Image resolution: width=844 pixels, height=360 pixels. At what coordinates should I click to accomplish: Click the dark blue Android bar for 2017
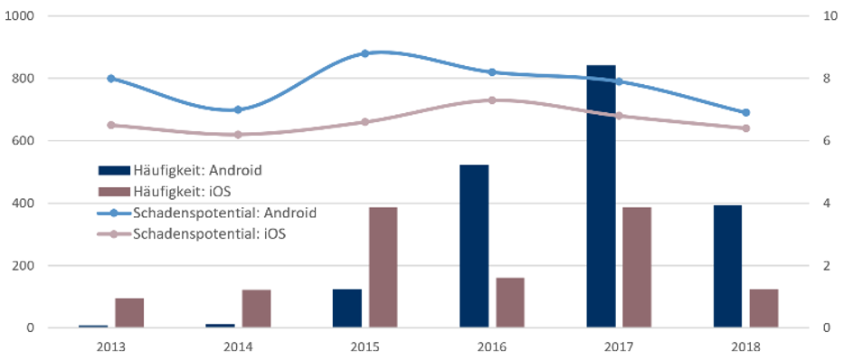point(601,196)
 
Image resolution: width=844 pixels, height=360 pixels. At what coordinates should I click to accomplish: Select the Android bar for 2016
point(474,246)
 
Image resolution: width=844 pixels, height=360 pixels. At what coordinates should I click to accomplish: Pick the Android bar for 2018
point(727,266)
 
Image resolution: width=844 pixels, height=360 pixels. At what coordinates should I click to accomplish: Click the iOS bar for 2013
point(129,313)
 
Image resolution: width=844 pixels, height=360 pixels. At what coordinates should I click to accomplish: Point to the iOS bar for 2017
point(636,268)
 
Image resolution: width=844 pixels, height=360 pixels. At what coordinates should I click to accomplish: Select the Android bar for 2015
point(347,308)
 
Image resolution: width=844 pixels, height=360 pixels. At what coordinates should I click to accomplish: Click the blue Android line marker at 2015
point(365,53)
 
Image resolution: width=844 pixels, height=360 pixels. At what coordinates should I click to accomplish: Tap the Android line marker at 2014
point(238,109)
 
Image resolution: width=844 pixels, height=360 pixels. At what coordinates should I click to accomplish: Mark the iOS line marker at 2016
point(491,100)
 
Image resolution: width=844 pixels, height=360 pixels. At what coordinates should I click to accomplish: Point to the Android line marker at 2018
point(745,113)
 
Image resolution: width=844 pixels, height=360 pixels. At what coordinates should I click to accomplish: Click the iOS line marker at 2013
point(111,125)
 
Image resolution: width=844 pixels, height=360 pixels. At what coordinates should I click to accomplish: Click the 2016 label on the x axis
point(491,346)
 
